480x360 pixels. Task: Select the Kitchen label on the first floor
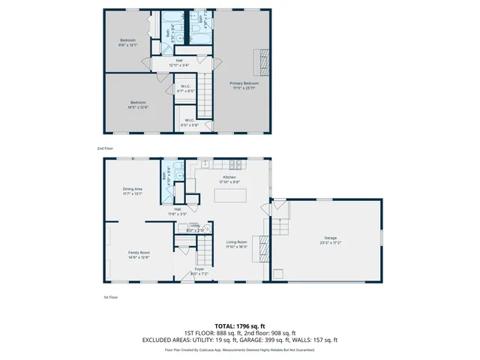pos(229,177)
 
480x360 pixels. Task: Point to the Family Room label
pos(139,253)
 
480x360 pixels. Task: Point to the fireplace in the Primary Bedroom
pos(262,58)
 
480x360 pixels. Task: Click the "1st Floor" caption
pos(111,298)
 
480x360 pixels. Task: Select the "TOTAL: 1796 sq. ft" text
pos(239,326)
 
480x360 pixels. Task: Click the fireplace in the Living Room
pos(260,246)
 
